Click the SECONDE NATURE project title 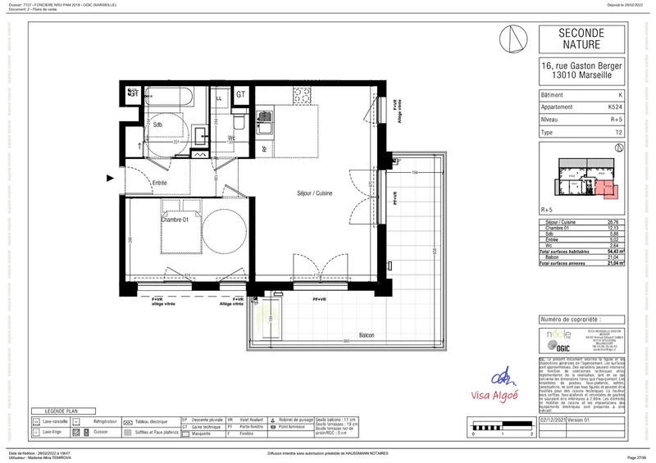pyautogui.click(x=582, y=39)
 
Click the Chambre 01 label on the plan pyautogui.click(x=175, y=220)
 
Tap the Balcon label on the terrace pyautogui.click(x=367, y=335)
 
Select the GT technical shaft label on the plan pyautogui.click(x=241, y=95)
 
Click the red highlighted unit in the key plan pyautogui.click(x=607, y=189)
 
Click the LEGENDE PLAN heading pyautogui.click(x=61, y=410)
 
